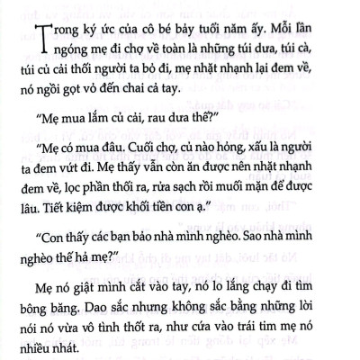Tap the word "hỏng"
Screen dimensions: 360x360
[236, 166]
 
